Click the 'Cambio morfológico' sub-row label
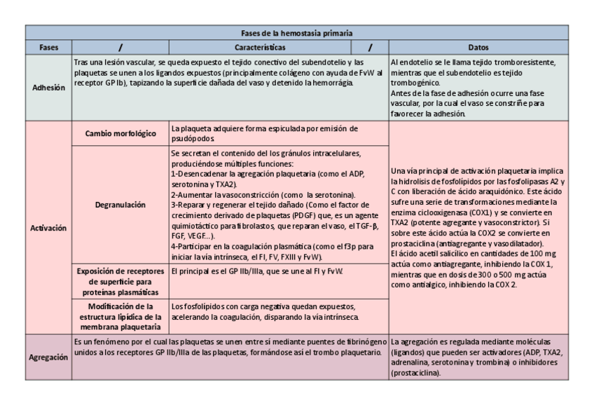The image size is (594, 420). point(120,134)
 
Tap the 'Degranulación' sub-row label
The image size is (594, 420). point(120,205)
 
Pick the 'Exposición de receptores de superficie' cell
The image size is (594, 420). point(120,281)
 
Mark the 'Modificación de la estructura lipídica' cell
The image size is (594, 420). point(120,316)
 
